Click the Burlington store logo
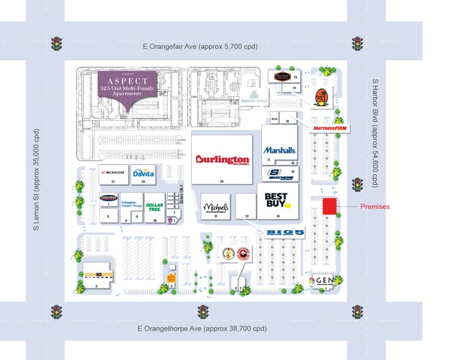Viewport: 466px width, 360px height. click(x=222, y=160)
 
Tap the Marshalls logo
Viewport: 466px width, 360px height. click(x=280, y=150)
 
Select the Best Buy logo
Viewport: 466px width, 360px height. click(x=276, y=201)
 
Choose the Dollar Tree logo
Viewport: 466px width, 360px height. click(x=154, y=206)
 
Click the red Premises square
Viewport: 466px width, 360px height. click(x=330, y=206)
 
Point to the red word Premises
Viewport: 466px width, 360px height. click(x=374, y=206)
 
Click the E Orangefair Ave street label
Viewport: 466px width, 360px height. click(x=200, y=46)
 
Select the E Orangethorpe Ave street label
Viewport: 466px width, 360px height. click(x=201, y=329)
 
